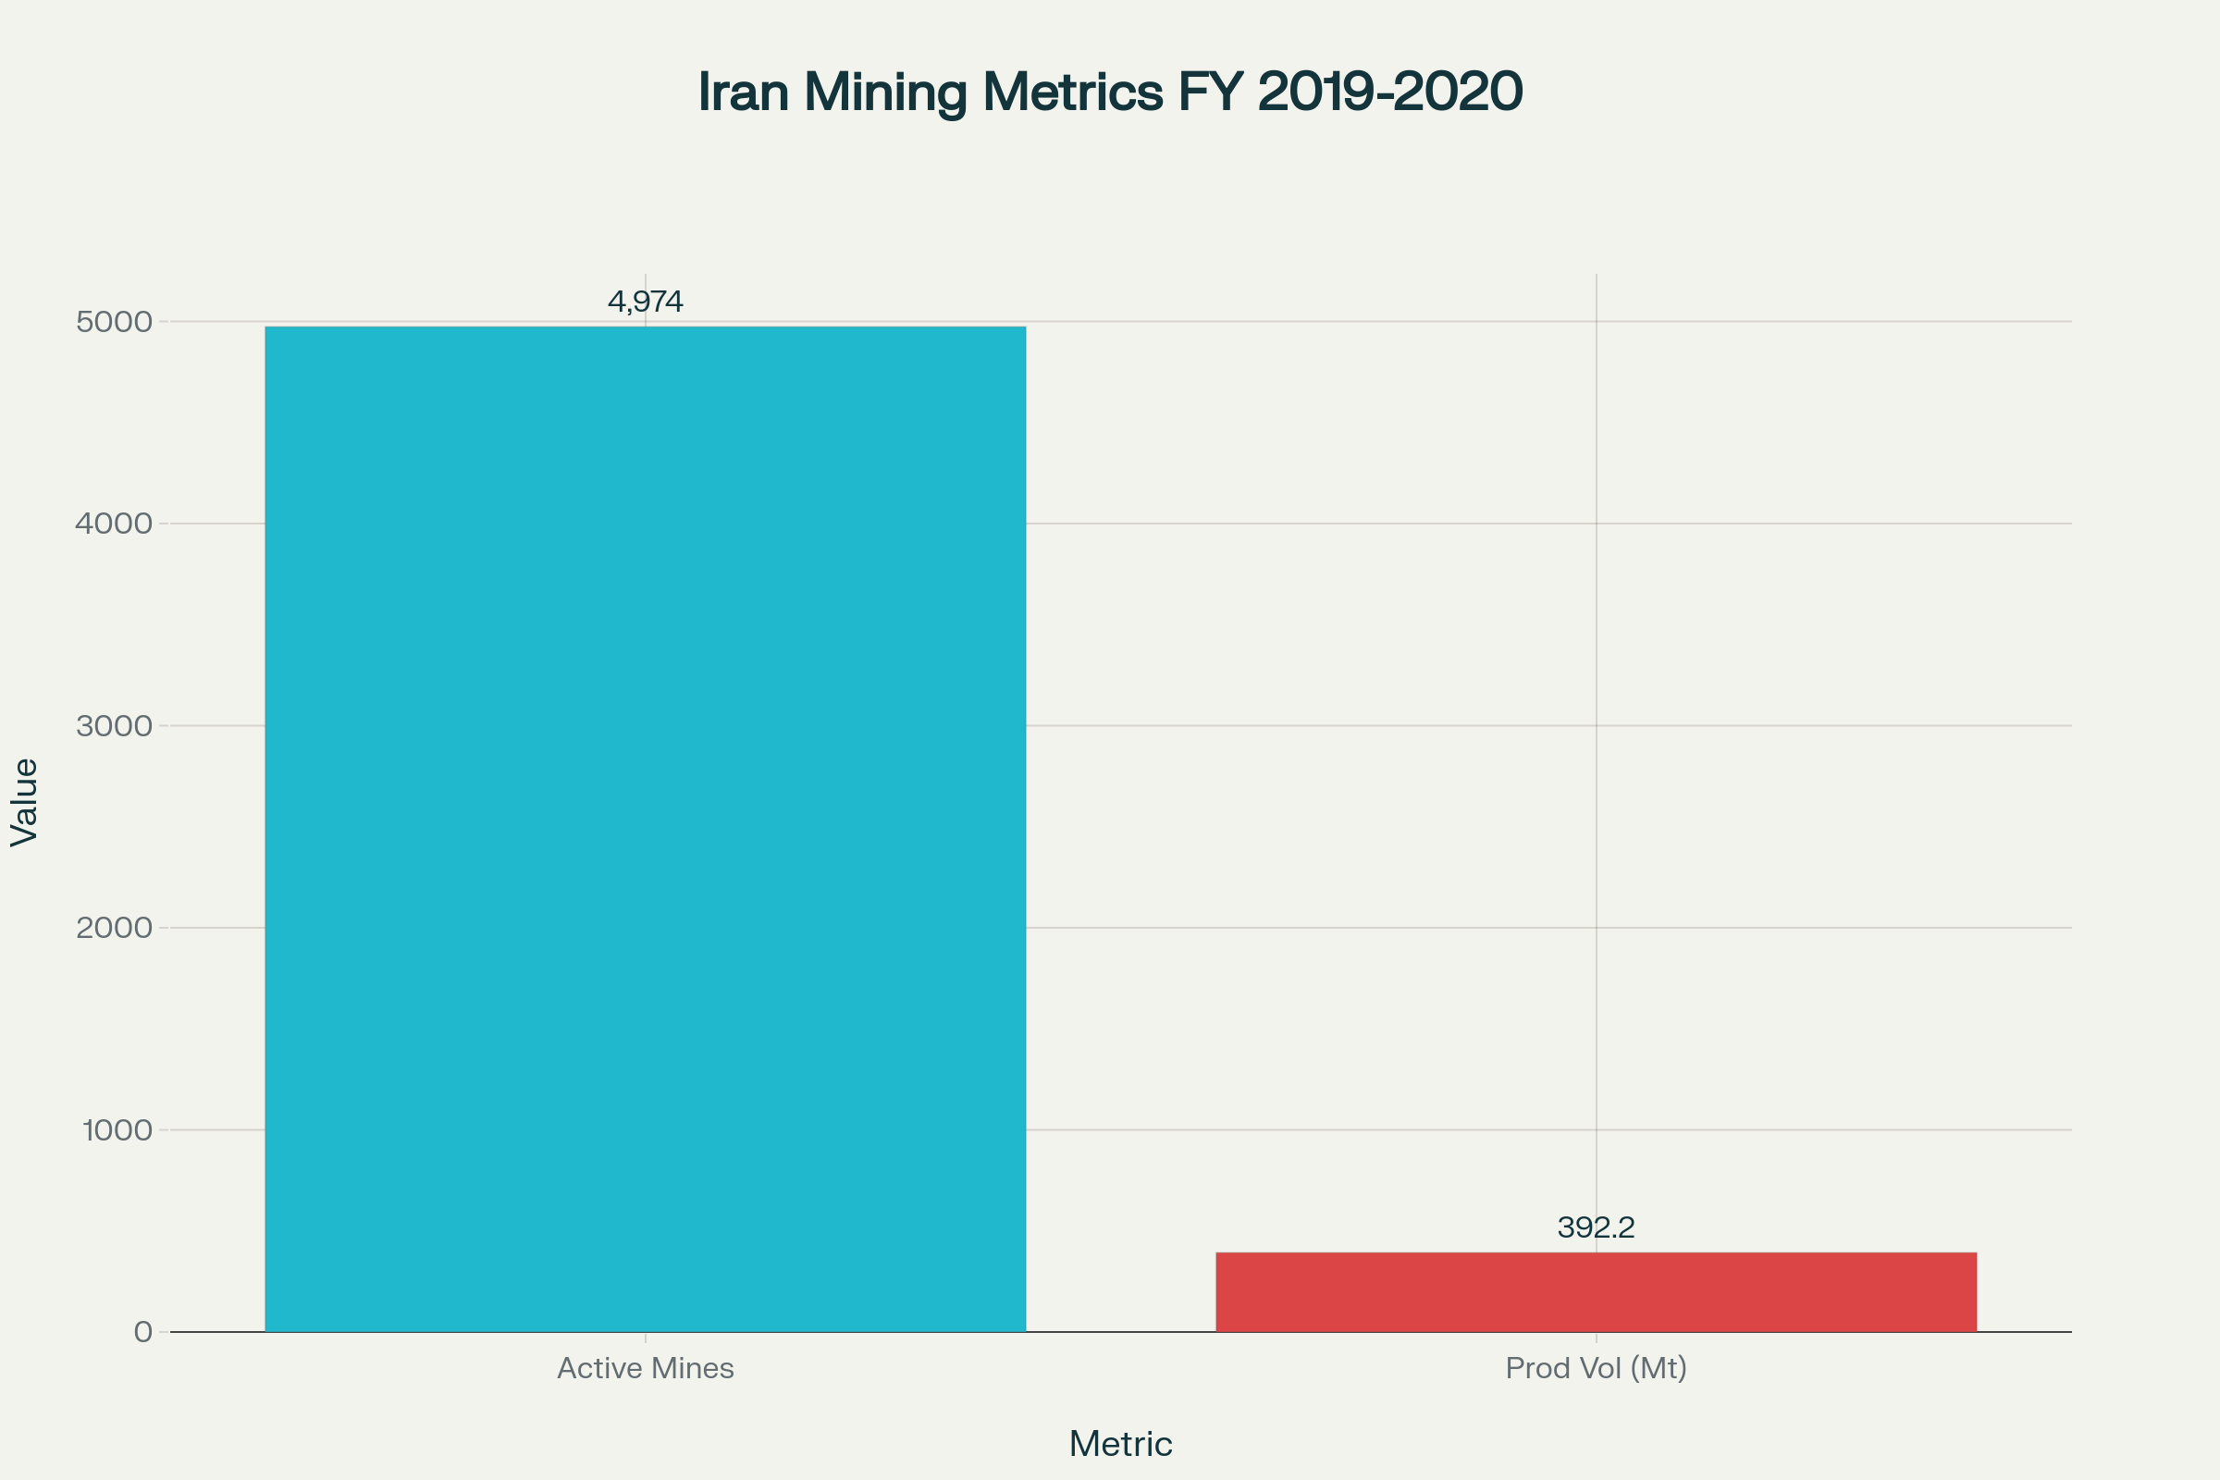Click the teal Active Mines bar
(x=645, y=829)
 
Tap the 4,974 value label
(x=645, y=302)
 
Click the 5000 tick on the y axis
(x=114, y=322)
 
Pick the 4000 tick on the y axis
(x=114, y=524)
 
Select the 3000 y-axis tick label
(x=114, y=726)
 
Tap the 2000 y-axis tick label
(x=114, y=928)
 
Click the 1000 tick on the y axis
(x=117, y=1129)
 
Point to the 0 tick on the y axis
(x=142, y=1332)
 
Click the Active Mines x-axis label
(x=645, y=1368)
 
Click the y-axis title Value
(x=25, y=802)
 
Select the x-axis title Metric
(x=1120, y=1444)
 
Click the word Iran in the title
(x=743, y=92)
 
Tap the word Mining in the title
(x=885, y=92)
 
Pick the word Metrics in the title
(x=1072, y=92)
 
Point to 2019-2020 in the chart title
(x=1389, y=92)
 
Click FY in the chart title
(x=1209, y=92)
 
